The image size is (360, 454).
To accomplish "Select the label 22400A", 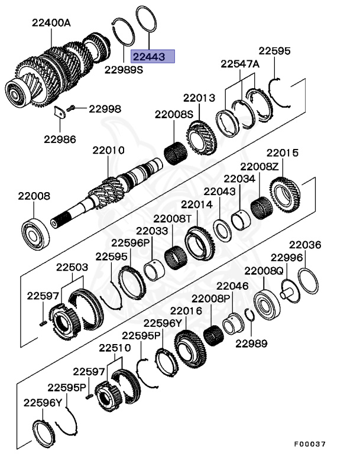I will (51, 23).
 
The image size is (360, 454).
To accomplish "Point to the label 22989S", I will (124, 70).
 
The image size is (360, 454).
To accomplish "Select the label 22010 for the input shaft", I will (108, 151).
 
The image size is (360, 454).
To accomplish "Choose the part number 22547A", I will (240, 64).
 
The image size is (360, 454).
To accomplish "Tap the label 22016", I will (186, 310).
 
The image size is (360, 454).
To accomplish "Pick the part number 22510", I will (115, 348).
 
